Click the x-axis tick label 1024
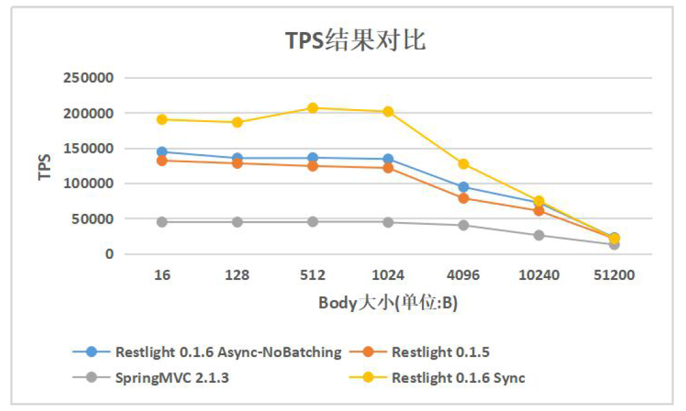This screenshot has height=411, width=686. point(388,275)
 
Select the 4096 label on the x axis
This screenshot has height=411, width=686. point(463,275)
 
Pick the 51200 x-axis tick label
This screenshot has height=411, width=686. point(613,275)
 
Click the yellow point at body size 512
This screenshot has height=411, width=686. point(313,108)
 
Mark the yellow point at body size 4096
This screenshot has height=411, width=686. point(463,164)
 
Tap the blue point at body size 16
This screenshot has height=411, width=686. point(162,152)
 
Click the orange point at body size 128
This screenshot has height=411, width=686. point(237,163)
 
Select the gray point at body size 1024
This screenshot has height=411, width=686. point(388,222)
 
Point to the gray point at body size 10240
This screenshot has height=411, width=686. point(538,235)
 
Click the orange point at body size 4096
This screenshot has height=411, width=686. point(463,198)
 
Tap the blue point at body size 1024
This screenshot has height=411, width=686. point(388,159)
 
